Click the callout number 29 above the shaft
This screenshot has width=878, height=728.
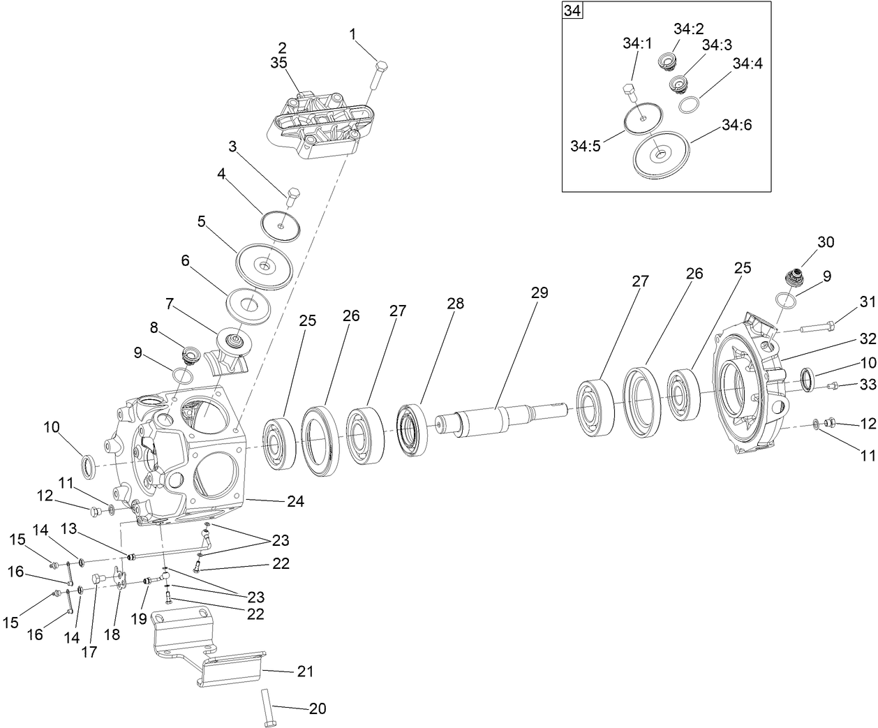tap(540, 292)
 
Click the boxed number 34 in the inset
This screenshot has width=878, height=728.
tap(572, 11)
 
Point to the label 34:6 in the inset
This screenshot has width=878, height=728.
tap(738, 125)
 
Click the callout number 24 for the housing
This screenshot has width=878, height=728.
tap(295, 501)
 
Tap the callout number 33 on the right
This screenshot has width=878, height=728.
tap(867, 385)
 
